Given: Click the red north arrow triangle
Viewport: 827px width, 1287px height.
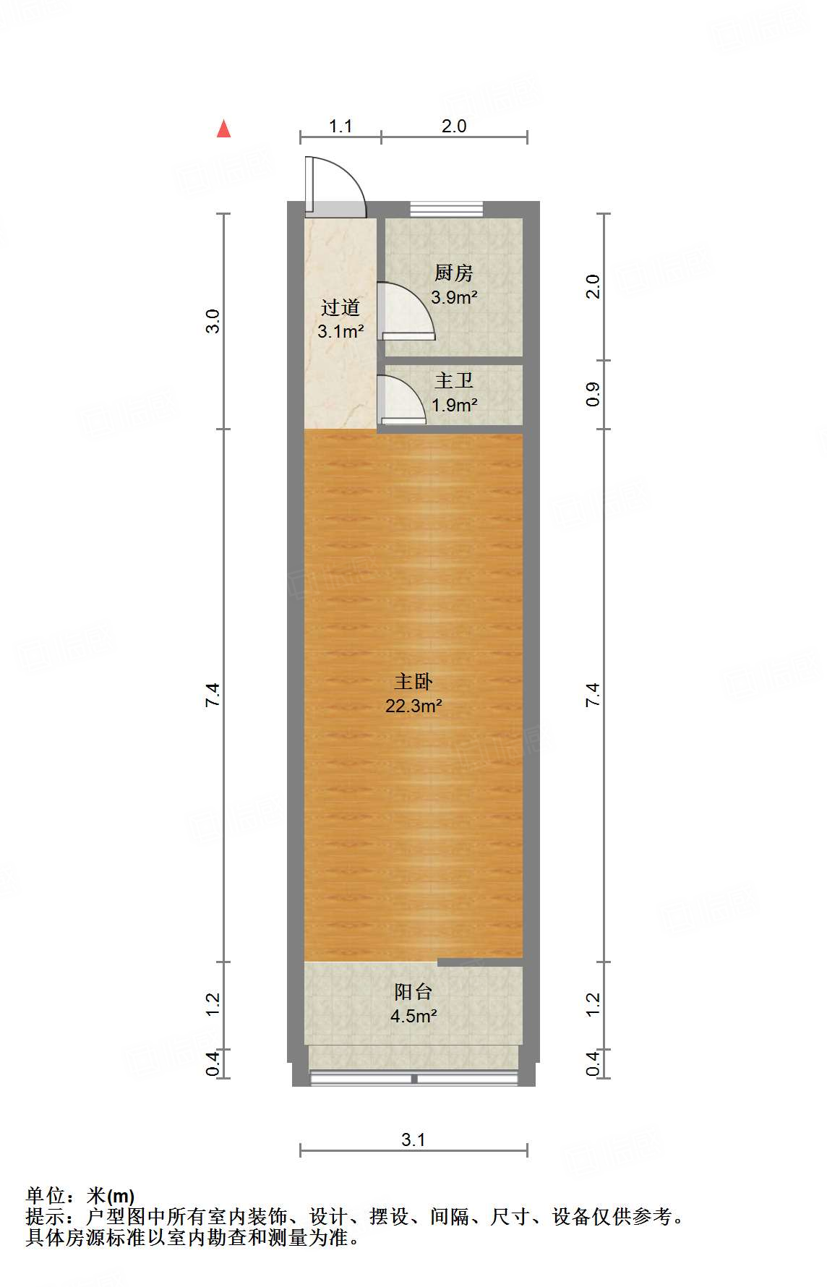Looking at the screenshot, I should tap(224, 129).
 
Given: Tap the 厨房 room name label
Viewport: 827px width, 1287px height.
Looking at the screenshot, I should tap(453, 273).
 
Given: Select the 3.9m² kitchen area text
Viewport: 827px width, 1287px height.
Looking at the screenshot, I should tap(454, 297).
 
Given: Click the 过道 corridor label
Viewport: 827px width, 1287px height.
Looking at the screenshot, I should tap(340, 308).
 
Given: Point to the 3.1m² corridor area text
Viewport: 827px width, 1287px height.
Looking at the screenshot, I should tap(340, 332).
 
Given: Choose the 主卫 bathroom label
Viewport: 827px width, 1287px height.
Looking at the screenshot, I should tap(454, 381).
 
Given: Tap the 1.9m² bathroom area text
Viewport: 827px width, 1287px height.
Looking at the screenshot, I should tap(455, 405).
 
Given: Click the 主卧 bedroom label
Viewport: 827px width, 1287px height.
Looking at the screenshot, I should tap(413, 681).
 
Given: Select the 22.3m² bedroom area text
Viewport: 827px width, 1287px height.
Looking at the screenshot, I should tap(413, 706).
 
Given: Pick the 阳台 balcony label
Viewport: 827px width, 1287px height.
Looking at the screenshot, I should tap(413, 992).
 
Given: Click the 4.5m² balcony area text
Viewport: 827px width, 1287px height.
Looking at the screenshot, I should tap(413, 1017).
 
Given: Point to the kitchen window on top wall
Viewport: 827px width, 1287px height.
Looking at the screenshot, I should tap(446, 209).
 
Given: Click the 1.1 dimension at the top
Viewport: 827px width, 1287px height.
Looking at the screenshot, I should tap(340, 127).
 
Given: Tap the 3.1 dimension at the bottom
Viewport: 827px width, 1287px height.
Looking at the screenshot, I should tap(413, 1140).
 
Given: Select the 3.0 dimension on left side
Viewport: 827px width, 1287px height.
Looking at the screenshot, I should tap(213, 321).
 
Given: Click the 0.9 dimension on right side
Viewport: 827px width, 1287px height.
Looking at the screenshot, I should tap(593, 394).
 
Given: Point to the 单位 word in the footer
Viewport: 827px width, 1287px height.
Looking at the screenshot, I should tap(46, 1196).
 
